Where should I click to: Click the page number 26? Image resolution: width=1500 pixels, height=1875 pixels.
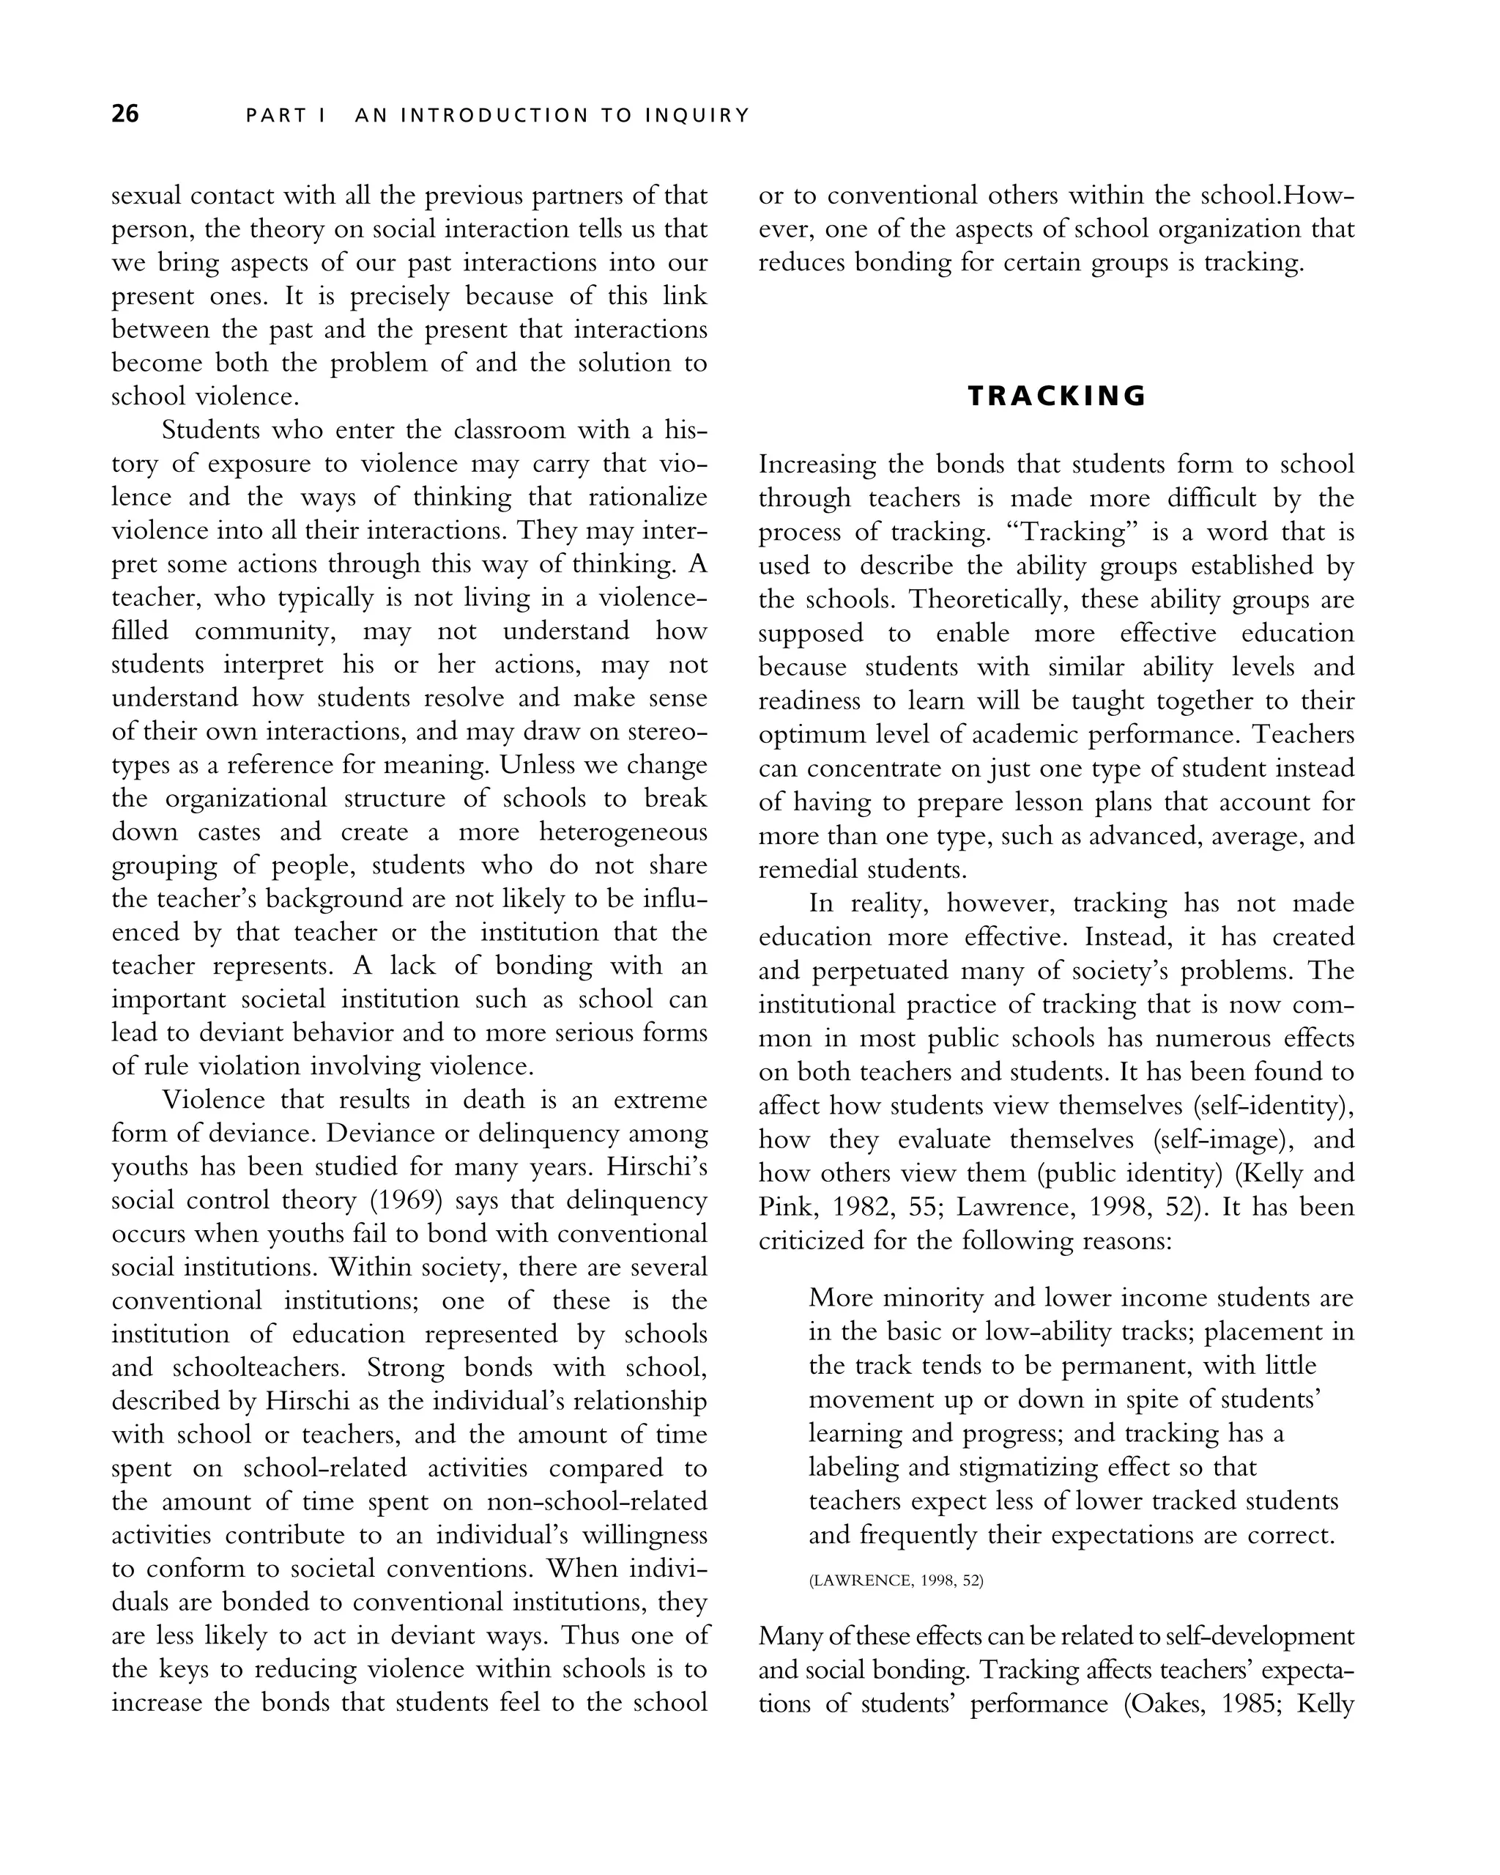tap(125, 114)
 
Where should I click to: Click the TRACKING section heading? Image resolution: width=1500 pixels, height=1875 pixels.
tap(1057, 396)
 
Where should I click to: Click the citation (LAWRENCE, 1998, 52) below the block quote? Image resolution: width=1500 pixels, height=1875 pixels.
tap(896, 1580)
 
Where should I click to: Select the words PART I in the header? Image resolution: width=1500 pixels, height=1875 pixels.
tap(285, 116)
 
